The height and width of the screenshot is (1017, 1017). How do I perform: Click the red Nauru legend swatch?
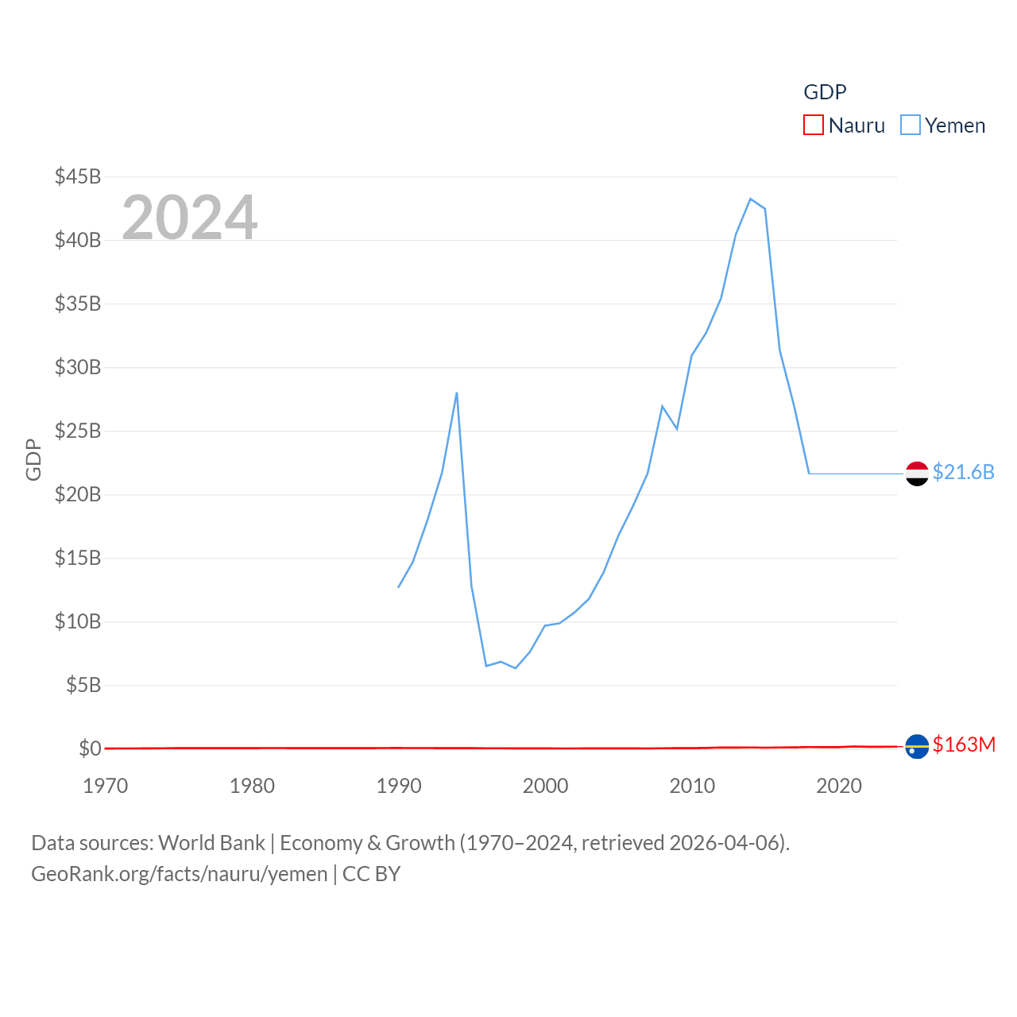tap(814, 126)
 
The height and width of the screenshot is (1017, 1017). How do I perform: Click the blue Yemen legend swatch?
tap(911, 126)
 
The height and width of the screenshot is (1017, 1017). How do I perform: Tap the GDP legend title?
tap(825, 92)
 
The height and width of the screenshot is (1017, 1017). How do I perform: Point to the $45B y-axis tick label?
tap(78, 176)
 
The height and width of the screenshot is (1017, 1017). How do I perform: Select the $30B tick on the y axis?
tap(78, 367)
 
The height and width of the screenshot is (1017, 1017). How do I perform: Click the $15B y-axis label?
tap(78, 558)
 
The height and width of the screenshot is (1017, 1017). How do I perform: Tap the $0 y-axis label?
tap(90, 748)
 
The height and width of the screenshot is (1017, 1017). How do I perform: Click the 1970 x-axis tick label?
tap(106, 786)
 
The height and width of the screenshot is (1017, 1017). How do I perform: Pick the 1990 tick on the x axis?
tap(399, 786)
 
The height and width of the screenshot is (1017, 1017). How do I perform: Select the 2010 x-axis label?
tap(692, 786)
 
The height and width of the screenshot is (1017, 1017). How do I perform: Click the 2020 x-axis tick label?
tap(839, 786)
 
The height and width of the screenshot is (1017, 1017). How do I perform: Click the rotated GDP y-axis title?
tap(33, 459)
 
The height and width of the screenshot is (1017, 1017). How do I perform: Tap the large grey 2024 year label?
tap(190, 217)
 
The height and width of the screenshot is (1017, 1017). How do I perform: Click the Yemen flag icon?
tap(917, 474)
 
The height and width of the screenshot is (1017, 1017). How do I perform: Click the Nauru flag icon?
tap(917, 747)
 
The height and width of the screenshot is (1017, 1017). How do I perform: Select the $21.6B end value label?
tap(963, 472)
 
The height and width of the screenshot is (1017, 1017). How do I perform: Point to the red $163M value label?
tap(964, 744)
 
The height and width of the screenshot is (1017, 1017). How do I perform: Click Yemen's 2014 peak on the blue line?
tap(750, 199)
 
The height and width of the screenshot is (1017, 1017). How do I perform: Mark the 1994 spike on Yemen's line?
tap(457, 392)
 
